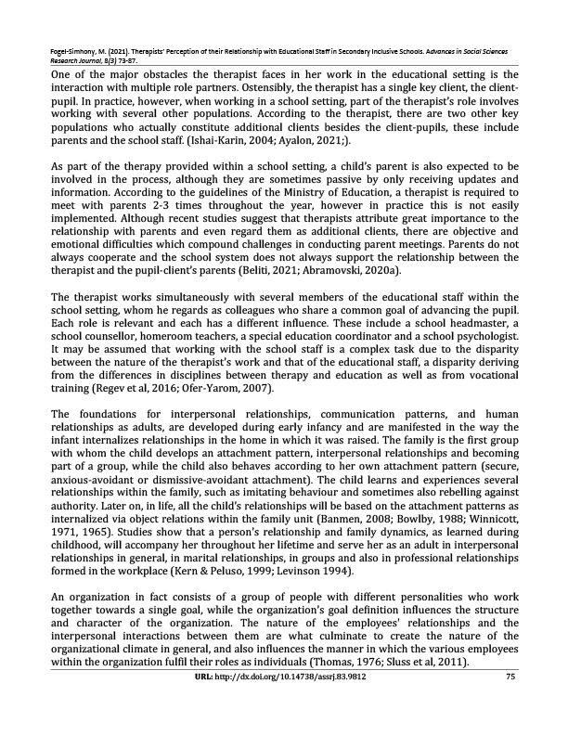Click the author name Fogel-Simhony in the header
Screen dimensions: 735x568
click(x=80, y=44)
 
